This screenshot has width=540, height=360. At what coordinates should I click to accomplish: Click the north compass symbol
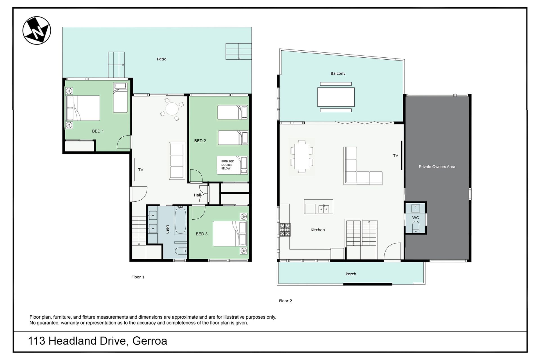point(37,30)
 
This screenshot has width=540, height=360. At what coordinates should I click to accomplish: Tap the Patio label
point(162,59)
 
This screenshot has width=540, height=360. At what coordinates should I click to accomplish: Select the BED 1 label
point(98,131)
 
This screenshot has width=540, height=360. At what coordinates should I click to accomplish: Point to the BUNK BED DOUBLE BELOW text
point(228,165)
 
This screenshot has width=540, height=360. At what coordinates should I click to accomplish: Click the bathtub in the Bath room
point(180,220)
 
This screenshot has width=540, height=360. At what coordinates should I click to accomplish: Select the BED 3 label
point(202,234)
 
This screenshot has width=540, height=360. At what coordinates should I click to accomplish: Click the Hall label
point(197,195)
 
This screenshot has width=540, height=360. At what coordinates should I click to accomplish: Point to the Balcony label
point(338,73)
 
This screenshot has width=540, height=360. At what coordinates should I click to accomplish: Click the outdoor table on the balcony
point(336,97)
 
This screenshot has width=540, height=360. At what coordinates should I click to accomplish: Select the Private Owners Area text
point(437,167)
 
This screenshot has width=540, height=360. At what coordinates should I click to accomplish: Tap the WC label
point(416,218)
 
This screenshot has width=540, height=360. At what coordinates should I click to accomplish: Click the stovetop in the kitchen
point(285,229)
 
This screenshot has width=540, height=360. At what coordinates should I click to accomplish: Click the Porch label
point(351,274)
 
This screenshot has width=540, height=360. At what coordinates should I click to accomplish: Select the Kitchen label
point(318,230)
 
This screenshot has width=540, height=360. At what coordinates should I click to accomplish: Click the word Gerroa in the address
point(150,341)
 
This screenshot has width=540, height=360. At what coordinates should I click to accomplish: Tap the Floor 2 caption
point(285,301)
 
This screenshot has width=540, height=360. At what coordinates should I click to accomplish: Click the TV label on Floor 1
point(141,170)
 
